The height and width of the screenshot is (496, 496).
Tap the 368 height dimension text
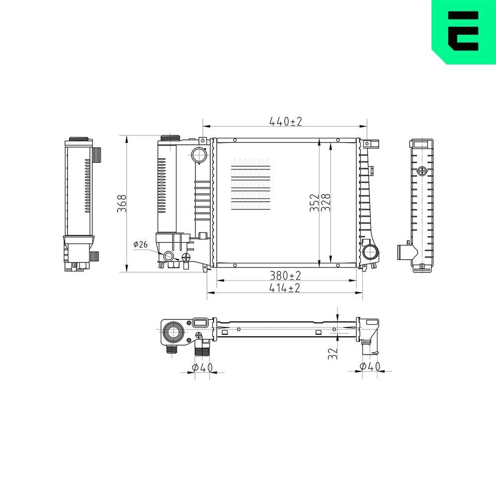coord(122,203)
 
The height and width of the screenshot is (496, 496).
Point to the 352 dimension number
coord(314,203)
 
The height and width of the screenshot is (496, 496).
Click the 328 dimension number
coord(326,203)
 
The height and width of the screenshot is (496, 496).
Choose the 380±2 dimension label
coord(285,275)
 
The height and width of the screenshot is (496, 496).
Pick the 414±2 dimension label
coord(285,288)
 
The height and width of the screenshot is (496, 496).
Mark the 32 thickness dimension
coord(333,353)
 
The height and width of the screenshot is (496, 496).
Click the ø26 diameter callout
coord(140,244)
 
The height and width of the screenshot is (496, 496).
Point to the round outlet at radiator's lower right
coord(370,252)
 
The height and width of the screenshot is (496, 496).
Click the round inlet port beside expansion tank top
coord(199,155)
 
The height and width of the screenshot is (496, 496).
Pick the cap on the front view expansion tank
coord(169,138)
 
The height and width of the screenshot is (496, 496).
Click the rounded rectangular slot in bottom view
coord(200,323)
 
